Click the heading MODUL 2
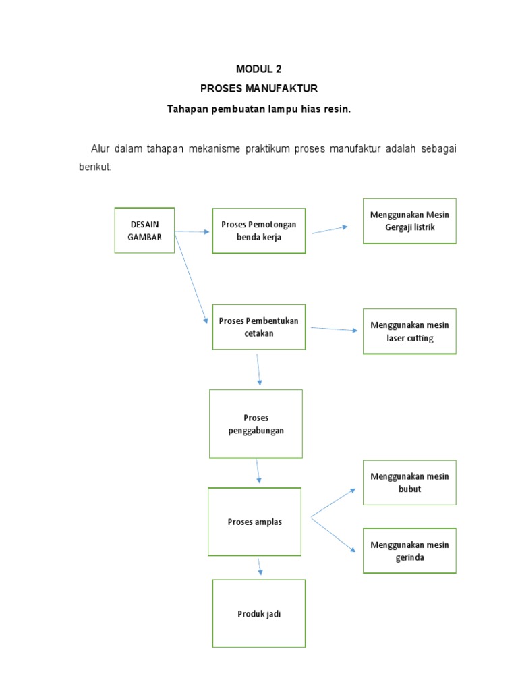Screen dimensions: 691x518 click(259, 69)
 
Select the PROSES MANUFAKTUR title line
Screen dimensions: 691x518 click(259, 88)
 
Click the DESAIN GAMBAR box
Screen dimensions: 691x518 click(144, 230)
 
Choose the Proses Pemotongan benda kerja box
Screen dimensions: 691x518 click(258, 231)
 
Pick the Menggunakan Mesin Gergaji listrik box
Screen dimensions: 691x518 click(409, 221)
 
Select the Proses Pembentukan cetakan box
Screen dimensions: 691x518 click(258, 327)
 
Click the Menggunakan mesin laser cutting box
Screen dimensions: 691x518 click(409, 331)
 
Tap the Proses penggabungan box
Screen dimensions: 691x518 click(256, 424)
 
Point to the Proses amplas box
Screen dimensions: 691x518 click(255, 522)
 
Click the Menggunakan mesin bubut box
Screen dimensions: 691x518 click(409, 482)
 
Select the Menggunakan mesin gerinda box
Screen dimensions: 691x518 click(409, 551)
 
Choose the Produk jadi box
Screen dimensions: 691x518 click(259, 613)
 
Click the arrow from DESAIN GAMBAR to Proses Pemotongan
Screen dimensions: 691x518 click(193, 231)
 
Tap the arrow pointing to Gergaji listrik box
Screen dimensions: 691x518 click(329, 229)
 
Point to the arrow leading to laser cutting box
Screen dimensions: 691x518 click(334, 329)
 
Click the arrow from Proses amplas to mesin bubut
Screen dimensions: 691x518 click(333, 503)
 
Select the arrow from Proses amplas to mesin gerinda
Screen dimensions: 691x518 click(333, 534)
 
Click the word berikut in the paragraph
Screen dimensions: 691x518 click(94, 167)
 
